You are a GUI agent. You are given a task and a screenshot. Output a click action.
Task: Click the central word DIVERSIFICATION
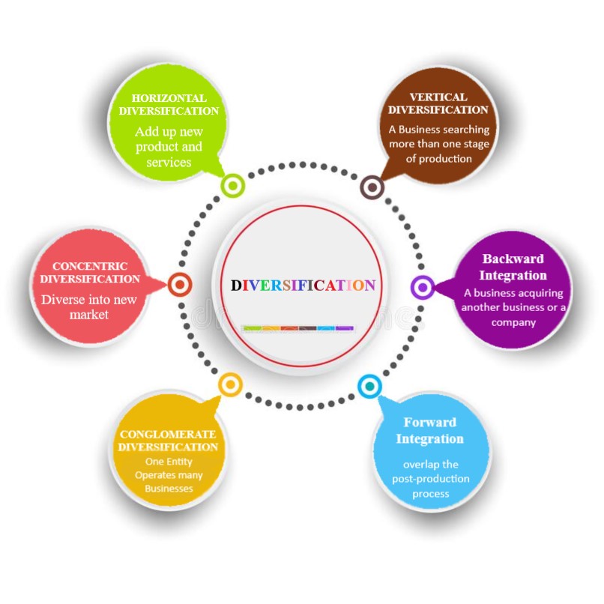click(303, 286)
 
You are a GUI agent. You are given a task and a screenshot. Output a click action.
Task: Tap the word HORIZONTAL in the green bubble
click(169, 98)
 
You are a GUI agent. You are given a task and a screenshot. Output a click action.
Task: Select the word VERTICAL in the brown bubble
click(438, 97)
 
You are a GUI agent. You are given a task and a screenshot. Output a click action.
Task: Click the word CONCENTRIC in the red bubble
click(90, 266)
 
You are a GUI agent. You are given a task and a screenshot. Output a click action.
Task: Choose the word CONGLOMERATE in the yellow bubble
click(168, 434)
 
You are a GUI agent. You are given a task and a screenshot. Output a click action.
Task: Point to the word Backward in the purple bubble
click(513, 259)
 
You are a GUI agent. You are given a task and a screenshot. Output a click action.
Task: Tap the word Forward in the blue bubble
click(430, 422)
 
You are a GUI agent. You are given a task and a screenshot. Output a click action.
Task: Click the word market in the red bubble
click(89, 315)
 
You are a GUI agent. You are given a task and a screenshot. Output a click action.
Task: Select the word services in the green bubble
click(169, 162)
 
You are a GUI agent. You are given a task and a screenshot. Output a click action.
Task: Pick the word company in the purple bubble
click(513, 322)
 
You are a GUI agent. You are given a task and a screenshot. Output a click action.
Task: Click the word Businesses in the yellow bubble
click(169, 489)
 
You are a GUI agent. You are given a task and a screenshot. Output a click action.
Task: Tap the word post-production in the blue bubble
click(431, 479)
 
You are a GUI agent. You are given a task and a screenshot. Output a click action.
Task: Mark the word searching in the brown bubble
click(465, 130)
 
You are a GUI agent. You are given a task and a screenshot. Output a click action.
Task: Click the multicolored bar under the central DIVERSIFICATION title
click(298, 328)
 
